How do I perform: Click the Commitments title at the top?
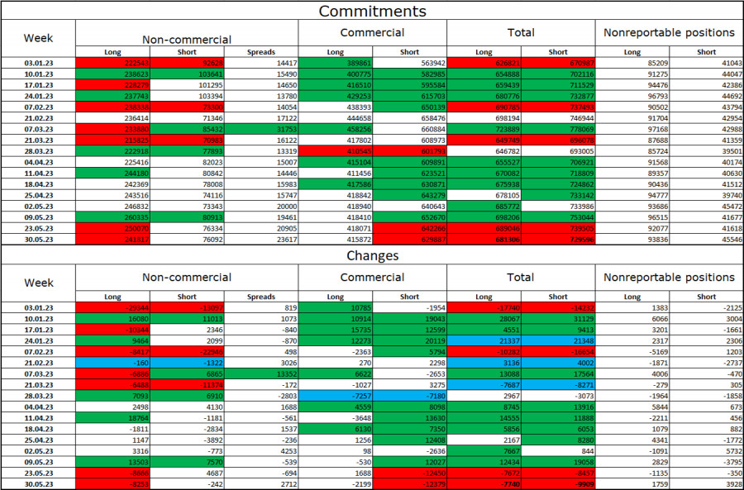click(x=372, y=11)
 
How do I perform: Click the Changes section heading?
click(x=372, y=255)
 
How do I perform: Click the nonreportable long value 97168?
click(x=632, y=131)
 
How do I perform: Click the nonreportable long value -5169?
click(x=632, y=351)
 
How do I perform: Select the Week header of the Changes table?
click(x=38, y=282)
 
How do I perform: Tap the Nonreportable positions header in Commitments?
click(x=669, y=32)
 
